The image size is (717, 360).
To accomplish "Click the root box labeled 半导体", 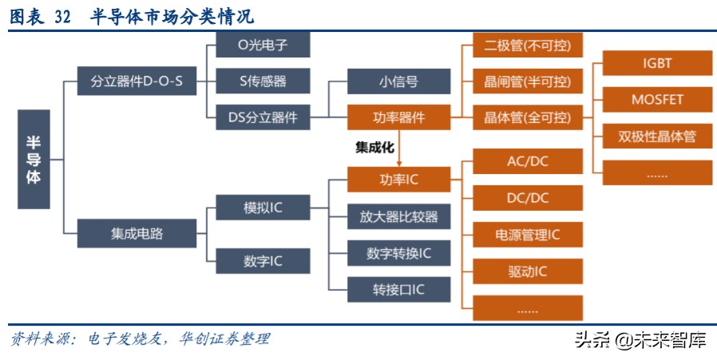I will coord(34,160).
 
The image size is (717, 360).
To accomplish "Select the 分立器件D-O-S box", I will coord(137,81).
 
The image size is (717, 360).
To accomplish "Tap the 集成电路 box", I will coord(137,233).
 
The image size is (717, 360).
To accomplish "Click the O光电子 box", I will coord(263,45).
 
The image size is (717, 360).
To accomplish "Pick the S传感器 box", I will coord(263,81).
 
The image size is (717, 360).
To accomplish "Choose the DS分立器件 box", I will coord(263,117).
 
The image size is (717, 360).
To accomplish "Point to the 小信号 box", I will coord(398,81).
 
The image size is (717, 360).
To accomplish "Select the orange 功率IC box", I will coord(398,179).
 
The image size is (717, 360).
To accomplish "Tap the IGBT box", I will coord(657,63).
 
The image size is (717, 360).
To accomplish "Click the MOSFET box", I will coord(657,100).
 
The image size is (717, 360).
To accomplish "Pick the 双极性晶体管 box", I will coord(657,136).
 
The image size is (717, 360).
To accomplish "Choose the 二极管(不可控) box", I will coord(528,45).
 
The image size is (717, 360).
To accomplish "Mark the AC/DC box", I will coord(528,160).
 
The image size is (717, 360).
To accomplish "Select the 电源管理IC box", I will coord(528,234).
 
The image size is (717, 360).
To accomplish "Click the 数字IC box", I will coord(263,261).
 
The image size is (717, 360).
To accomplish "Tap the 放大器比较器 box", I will coord(398,216).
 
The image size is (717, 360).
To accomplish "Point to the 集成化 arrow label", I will coord(375,148).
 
